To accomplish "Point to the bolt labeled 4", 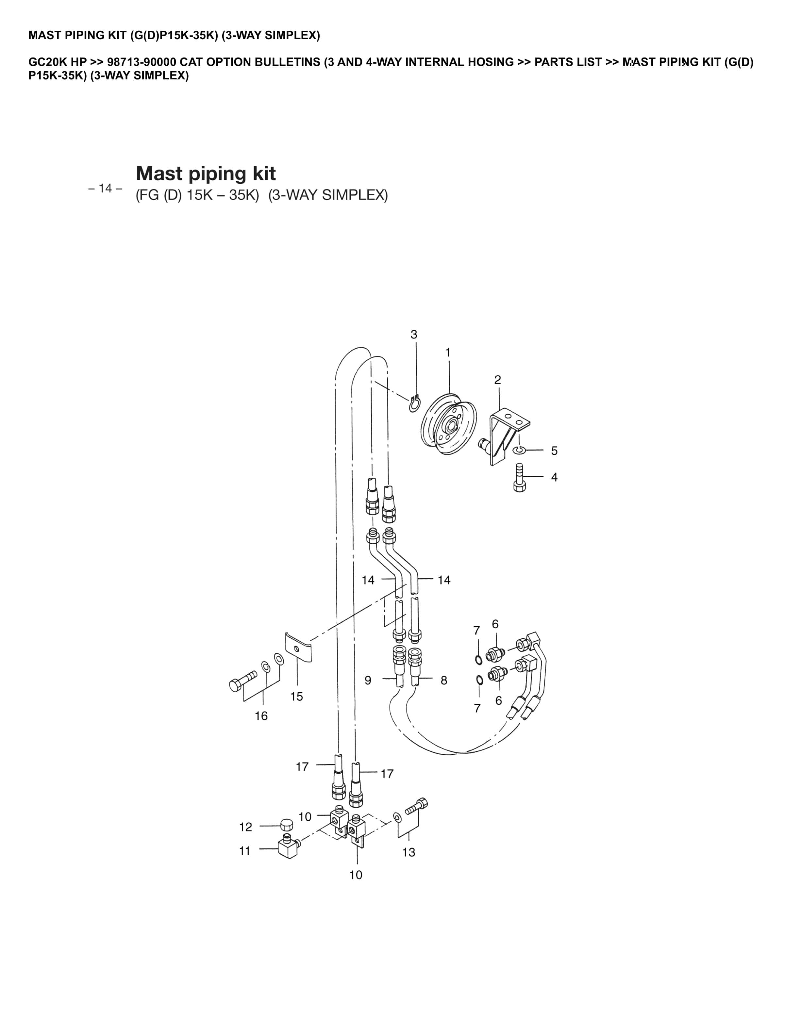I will pos(519,479).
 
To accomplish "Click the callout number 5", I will pos(554,451).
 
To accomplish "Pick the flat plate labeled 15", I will pos(298,647).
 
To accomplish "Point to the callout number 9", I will pos(368,680).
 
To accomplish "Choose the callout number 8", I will pos(443,680).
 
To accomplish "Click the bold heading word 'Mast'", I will pos(159,173).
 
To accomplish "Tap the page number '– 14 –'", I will pos(105,189).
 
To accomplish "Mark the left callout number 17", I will pos(302,766).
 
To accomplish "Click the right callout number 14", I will pos(443,580).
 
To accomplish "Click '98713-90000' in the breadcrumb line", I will pos(142,62).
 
